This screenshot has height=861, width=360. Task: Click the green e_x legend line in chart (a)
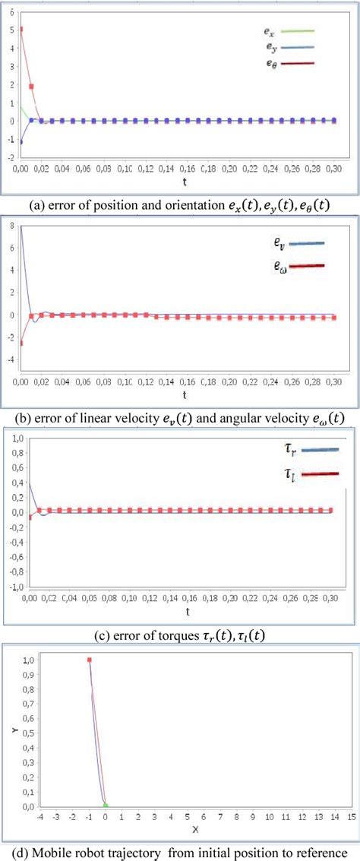click(x=298, y=32)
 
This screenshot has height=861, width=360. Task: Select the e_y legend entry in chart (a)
click(x=298, y=48)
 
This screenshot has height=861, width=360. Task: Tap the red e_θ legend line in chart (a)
click(x=298, y=65)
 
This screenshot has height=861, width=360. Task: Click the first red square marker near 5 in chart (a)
click(x=21, y=30)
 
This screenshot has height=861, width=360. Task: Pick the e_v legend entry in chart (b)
click(x=305, y=244)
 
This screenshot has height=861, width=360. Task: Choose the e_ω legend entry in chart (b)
click(x=305, y=266)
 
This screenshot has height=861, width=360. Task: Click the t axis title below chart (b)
click(x=185, y=395)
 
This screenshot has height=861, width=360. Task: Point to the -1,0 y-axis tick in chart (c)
click(x=14, y=587)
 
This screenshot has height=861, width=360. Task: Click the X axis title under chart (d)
click(x=194, y=829)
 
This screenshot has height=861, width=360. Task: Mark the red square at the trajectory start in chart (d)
click(x=90, y=660)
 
